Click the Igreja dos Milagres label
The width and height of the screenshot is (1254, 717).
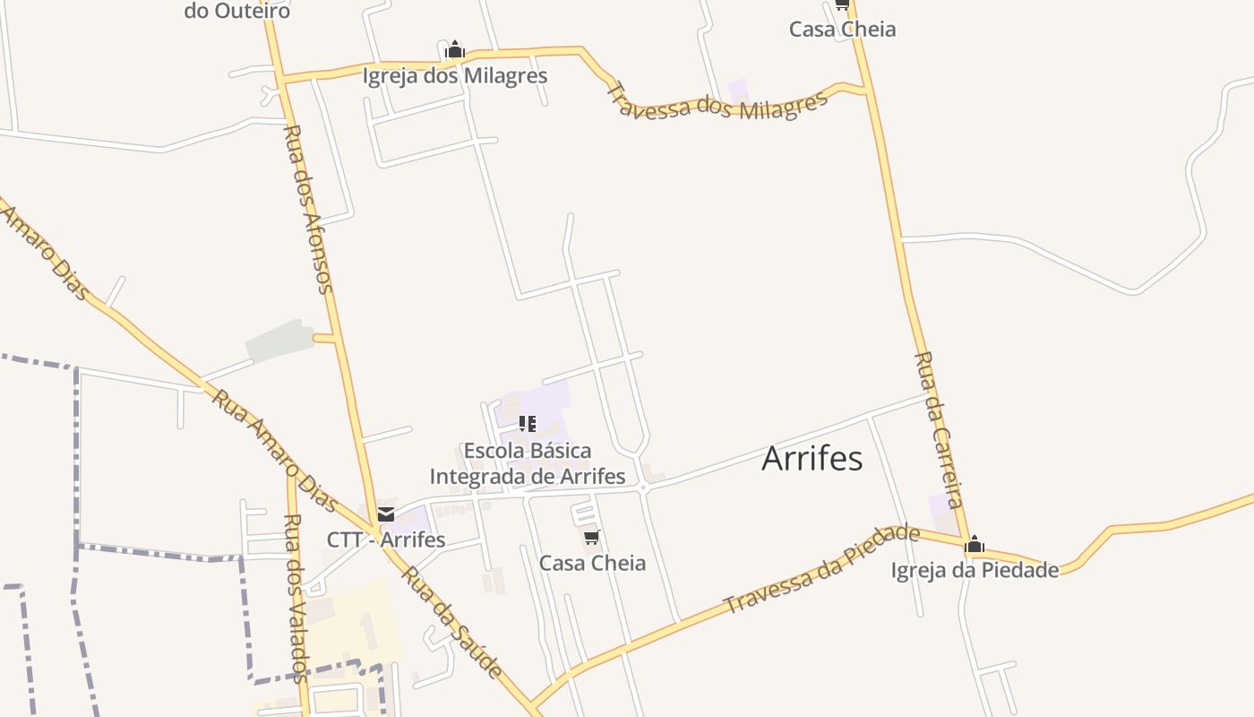tap(454, 75)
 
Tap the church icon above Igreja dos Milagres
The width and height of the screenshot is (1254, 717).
tap(455, 49)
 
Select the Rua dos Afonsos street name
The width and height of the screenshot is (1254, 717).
tap(308, 209)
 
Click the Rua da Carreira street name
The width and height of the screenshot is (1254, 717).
tap(939, 430)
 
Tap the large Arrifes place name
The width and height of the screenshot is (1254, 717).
tap(812, 459)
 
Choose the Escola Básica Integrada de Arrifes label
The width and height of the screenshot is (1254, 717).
tap(527, 463)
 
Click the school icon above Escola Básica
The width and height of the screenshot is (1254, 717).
tap(528, 423)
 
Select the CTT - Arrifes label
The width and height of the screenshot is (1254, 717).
tap(385, 540)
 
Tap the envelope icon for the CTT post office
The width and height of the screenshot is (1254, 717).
tap(385, 514)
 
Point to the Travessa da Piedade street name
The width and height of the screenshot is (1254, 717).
tap(822, 569)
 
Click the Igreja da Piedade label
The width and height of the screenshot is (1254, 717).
tap(975, 570)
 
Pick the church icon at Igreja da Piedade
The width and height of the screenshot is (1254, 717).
tap(975, 544)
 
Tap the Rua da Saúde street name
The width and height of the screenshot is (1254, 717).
tap(451, 622)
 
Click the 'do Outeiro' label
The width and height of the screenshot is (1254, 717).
tap(236, 12)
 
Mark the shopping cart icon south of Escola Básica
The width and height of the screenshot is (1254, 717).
tap(591, 537)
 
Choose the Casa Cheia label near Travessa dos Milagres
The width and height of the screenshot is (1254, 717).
tap(842, 29)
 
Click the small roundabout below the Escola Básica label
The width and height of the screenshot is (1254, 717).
tap(643, 488)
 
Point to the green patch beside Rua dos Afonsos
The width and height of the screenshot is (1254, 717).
tap(279, 341)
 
